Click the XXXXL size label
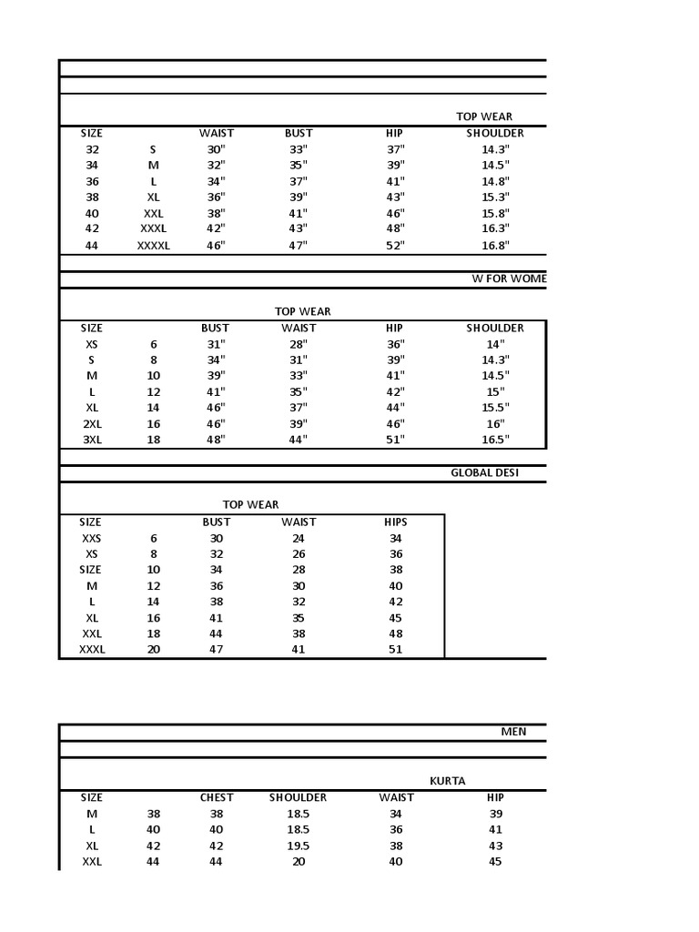tap(153, 246)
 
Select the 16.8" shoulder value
tap(495, 246)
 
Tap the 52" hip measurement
tap(394, 246)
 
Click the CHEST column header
tap(217, 797)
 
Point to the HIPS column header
tap(396, 522)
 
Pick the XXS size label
tap(91, 538)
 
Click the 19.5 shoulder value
tap(298, 846)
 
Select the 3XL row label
tap(92, 440)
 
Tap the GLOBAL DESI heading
tap(484, 472)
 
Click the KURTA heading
tap(447, 781)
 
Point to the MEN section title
tap(513, 732)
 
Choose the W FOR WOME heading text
tap(509, 279)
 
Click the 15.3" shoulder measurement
tap(495, 197)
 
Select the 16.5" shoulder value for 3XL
tap(495, 440)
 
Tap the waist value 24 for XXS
tap(299, 538)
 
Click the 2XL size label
tap(92, 423)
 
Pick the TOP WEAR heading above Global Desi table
tap(250, 504)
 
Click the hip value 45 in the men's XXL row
tap(495, 862)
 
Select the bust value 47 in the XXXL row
tap(217, 650)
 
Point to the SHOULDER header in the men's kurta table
tap(298, 797)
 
